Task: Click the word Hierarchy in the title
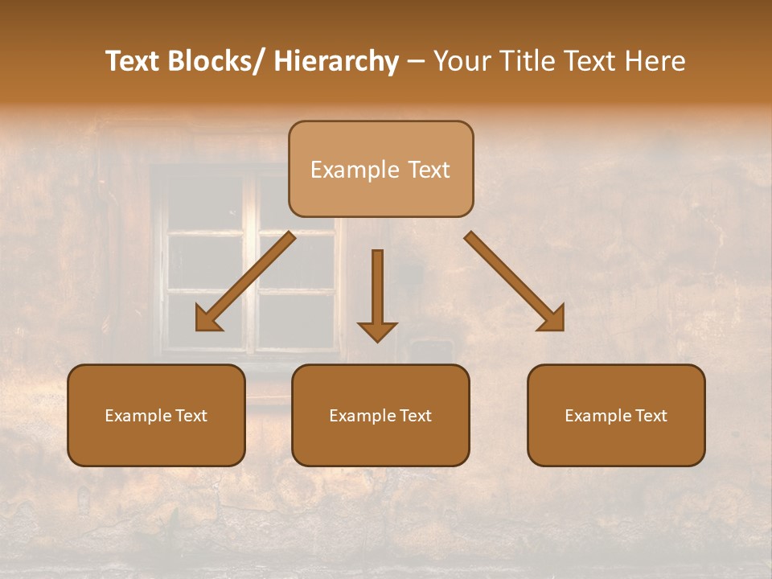pos(336,62)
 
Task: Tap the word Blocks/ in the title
pos(216,62)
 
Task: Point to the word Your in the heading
pos(461,62)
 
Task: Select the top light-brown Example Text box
pos(380,169)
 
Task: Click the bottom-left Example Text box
pos(156,416)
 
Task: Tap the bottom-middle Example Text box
pos(380,416)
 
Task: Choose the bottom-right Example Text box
pos(616,416)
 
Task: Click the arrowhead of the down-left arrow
pos(208,319)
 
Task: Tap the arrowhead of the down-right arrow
pos(552,319)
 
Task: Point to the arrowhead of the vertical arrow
pos(377,331)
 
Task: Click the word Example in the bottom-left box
pos(134,416)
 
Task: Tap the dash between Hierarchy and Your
pos(416,62)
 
